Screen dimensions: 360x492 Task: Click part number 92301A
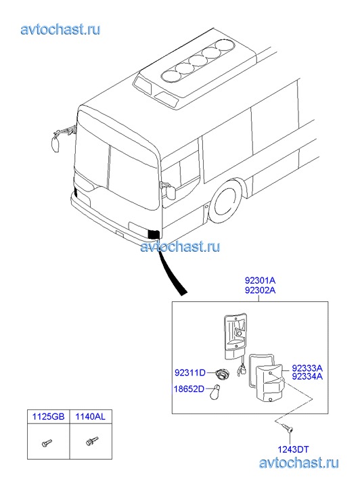[260, 280]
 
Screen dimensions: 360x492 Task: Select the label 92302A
[260, 290]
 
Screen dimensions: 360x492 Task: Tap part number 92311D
[190, 373]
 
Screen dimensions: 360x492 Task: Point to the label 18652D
[189, 389]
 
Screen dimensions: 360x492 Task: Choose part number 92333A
[307, 367]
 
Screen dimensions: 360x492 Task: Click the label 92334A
[307, 376]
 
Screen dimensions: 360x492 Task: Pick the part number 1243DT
[293, 449]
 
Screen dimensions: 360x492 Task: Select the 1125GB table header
[48, 416]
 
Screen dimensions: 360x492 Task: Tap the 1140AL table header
[91, 416]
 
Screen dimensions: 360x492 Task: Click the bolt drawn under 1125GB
[47, 443]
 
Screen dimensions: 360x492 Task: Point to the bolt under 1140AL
[92, 441]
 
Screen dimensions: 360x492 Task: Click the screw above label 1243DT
[287, 427]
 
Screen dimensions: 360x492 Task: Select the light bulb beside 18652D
[215, 392]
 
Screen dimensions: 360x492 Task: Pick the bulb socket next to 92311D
[223, 374]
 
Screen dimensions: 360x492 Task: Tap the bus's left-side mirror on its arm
[56, 143]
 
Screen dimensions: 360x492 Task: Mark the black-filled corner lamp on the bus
[154, 234]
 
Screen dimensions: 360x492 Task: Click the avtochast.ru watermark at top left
[61, 30]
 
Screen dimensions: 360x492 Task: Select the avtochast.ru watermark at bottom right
[299, 463]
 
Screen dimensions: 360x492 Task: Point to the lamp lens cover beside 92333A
[270, 383]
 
